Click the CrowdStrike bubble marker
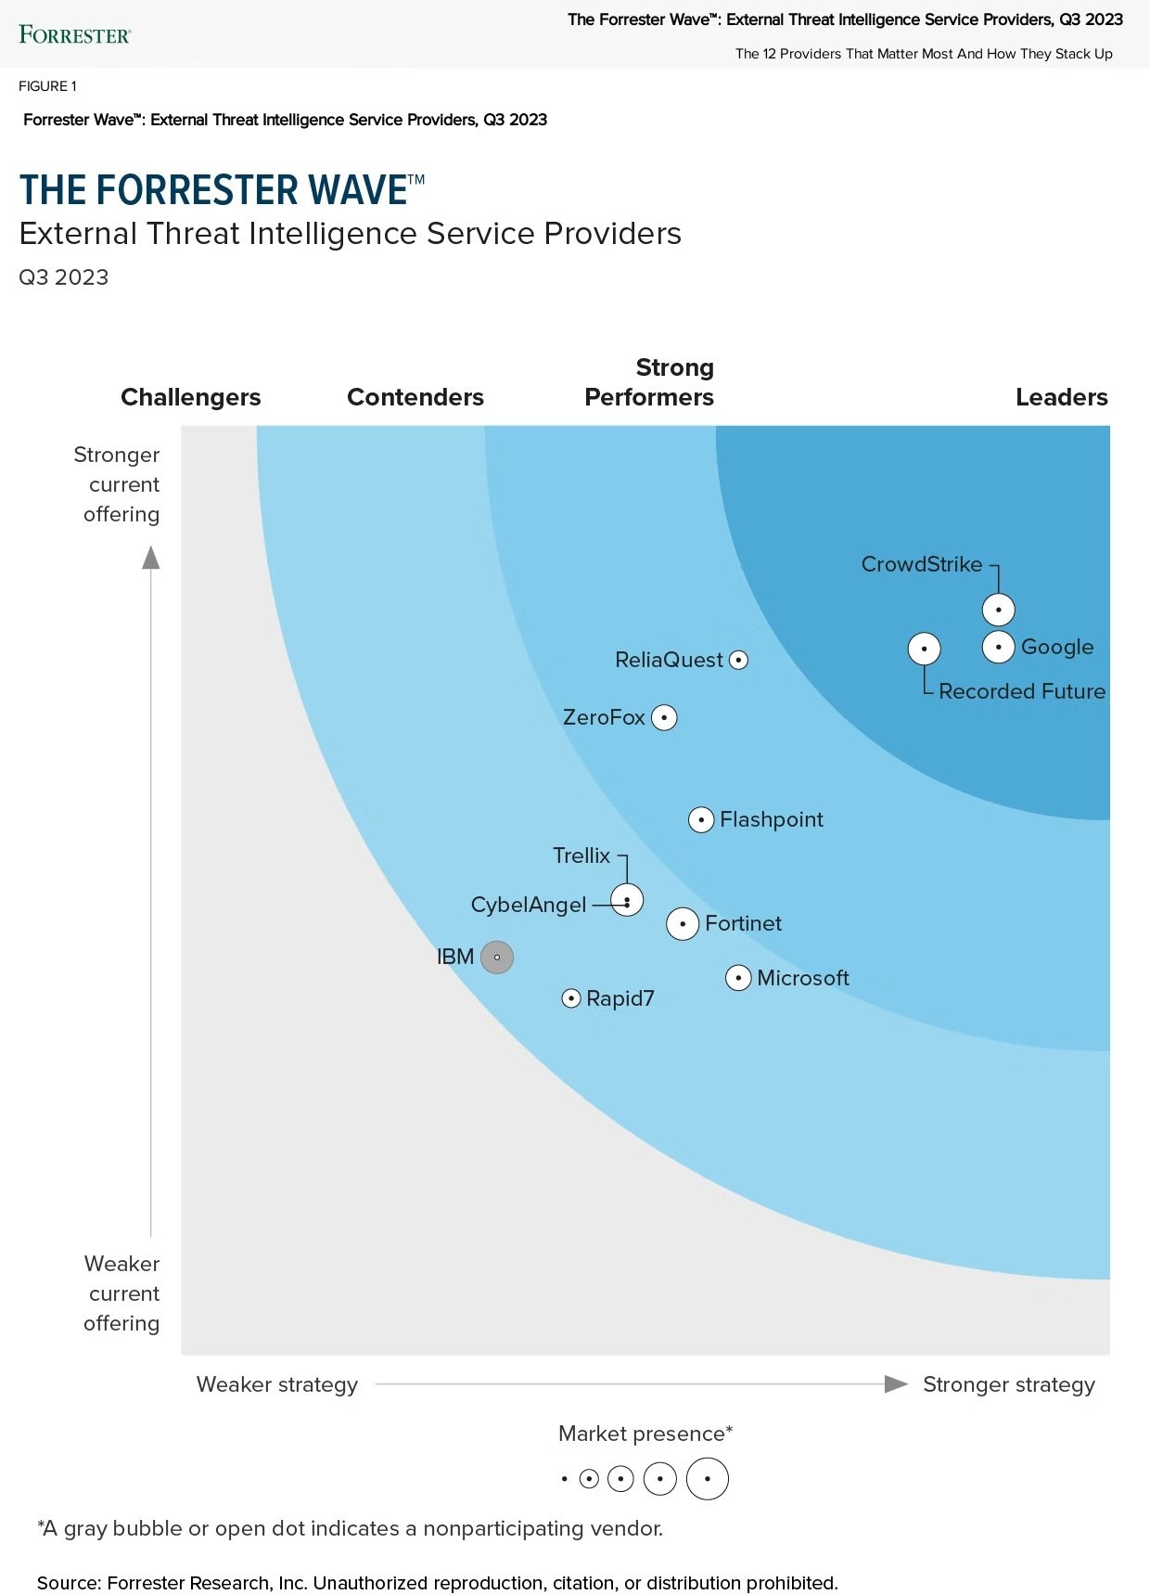click(998, 610)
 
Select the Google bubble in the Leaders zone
click(998, 647)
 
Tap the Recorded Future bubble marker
click(924, 649)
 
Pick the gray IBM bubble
click(497, 957)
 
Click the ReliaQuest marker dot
click(738, 660)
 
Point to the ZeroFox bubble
click(664, 717)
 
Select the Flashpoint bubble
click(701, 820)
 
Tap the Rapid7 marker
click(571, 998)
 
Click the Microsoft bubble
click(738, 978)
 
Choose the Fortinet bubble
click(683, 924)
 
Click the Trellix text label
click(581, 855)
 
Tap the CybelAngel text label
click(529, 905)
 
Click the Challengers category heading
click(191, 397)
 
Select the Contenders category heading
click(415, 397)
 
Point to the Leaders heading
click(1061, 397)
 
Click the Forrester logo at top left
click(75, 35)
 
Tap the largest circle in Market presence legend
click(707, 1479)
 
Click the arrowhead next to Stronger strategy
click(896, 1384)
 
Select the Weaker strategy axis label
click(277, 1384)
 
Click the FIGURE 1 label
click(47, 86)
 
